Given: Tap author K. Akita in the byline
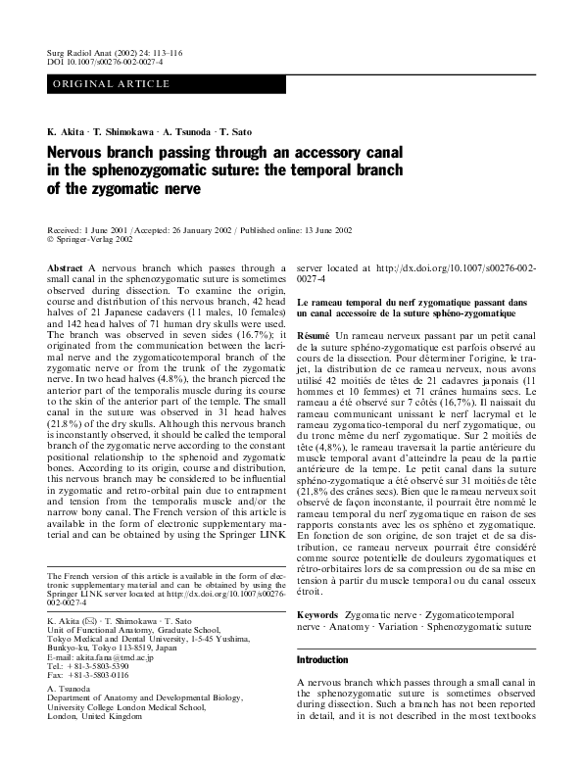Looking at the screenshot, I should (66, 131).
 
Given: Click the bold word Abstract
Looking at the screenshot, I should (66, 266).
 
